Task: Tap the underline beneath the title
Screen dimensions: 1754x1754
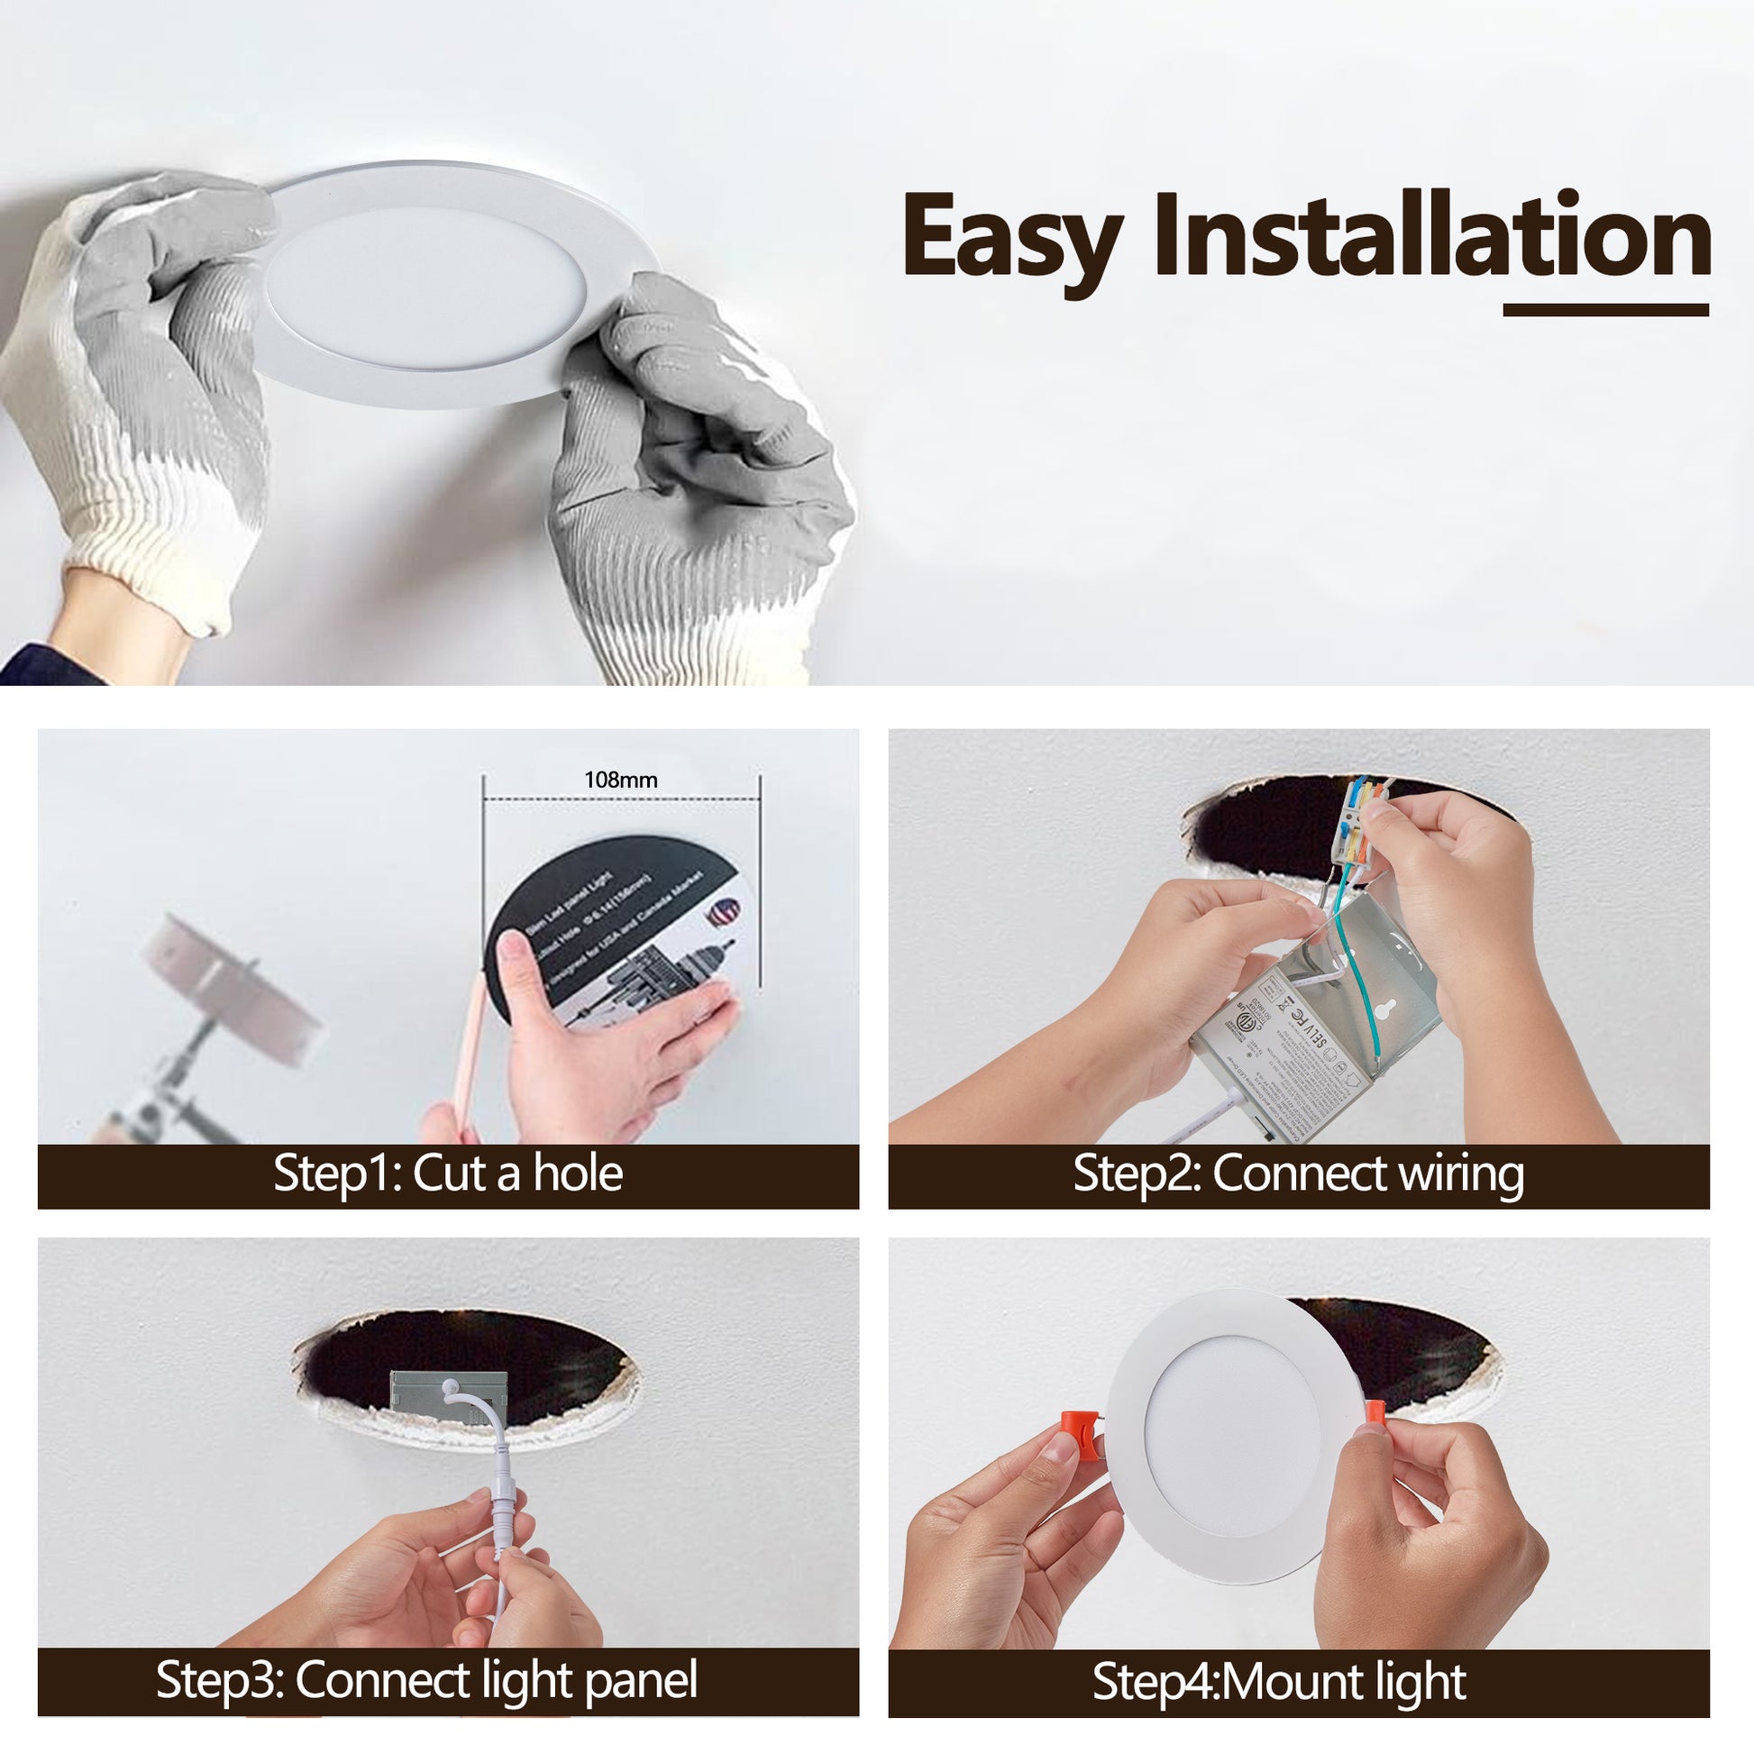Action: (1605, 310)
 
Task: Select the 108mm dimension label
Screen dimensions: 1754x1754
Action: (621, 780)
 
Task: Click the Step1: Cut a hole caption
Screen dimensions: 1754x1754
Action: (448, 1174)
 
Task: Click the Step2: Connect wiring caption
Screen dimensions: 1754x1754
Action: (1298, 1174)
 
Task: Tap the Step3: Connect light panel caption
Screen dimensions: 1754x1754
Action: (426, 1680)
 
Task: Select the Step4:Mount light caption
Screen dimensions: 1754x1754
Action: (1278, 1682)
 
